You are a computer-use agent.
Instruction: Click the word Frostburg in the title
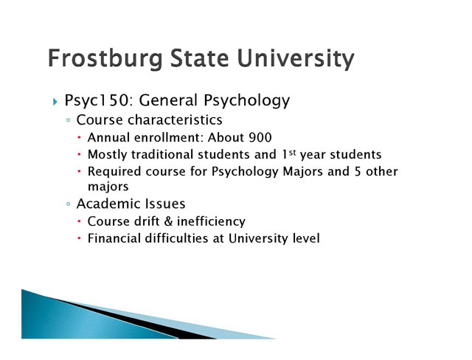click(105, 59)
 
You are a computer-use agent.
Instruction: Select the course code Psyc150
click(99, 100)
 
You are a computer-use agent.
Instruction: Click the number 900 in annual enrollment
click(260, 137)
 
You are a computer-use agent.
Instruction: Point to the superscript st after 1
click(292, 152)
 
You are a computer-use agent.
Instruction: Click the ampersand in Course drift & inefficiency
click(168, 221)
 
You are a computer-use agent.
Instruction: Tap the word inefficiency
click(211, 222)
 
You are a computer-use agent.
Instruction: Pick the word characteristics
click(175, 120)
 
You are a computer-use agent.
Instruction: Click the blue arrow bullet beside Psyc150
click(55, 102)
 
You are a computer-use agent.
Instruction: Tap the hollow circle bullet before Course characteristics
click(69, 120)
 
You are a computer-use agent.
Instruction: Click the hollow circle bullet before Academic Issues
click(69, 204)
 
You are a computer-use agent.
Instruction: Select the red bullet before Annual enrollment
click(79, 137)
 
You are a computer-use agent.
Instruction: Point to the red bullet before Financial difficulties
click(79, 238)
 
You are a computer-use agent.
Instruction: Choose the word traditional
click(162, 155)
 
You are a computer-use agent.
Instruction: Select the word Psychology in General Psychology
click(246, 101)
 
